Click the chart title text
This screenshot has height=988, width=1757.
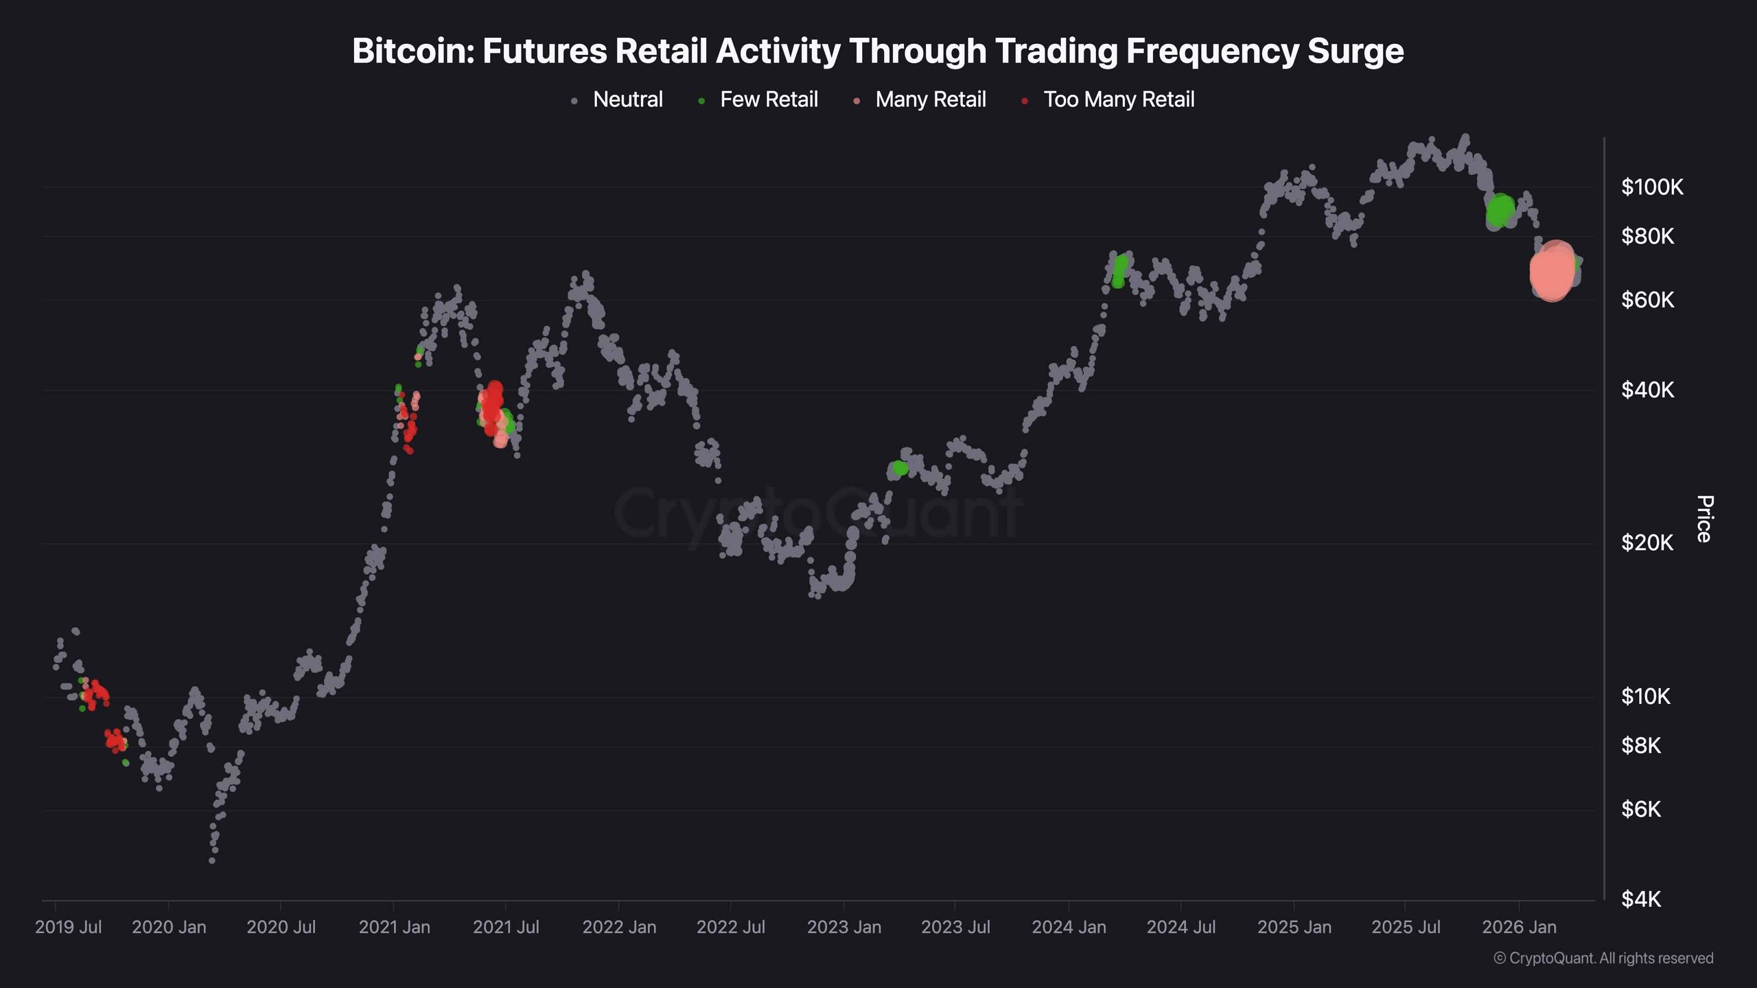[x=878, y=51]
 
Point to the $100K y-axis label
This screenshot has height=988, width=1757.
[x=1651, y=187]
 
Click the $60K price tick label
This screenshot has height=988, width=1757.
[x=1647, y=300]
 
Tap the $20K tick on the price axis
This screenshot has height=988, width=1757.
[x=1647, y=543]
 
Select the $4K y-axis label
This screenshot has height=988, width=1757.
[x=1641, y=899]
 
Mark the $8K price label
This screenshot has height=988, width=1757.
[x=1641, y=745]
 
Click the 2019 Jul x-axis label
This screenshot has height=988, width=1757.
[x=68, y=927]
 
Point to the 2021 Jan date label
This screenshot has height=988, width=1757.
[x=394, y=927]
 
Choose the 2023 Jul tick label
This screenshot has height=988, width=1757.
[x=955, y=927]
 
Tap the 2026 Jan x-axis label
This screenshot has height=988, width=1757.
[x=1519, y=927]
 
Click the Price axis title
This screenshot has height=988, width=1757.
[x=1704, y=519]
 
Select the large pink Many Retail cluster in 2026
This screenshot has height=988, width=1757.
[x=1552, y=272]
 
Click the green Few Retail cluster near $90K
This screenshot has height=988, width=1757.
[x=1500, y=210]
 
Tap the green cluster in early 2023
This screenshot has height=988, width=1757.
[x=899, y=468]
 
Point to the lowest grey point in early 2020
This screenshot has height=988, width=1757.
[x=212, y=860]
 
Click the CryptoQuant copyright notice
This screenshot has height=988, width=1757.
[x=1603, y=958]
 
